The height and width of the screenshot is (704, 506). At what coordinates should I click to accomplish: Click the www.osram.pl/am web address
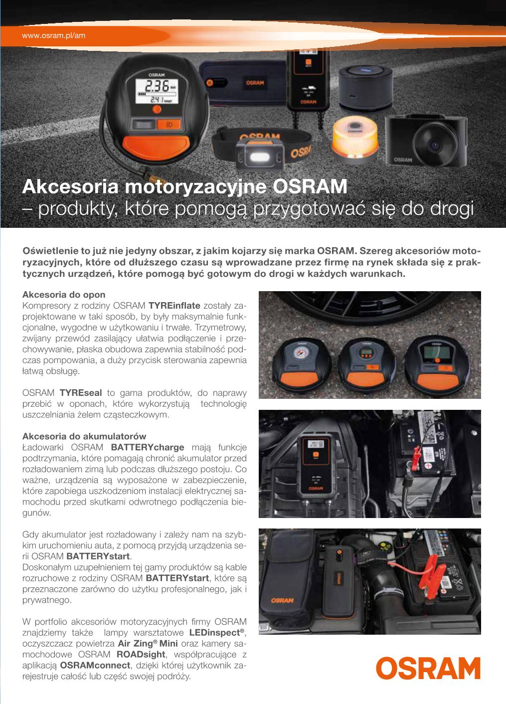coord(54,35)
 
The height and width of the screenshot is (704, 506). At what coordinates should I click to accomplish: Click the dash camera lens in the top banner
coord(434,145)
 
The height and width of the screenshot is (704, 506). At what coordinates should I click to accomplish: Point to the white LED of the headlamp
coord(260,156)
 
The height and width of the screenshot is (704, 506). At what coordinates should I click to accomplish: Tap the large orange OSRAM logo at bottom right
coord(428,669)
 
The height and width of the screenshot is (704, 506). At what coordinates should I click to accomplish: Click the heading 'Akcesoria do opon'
coord(64,295)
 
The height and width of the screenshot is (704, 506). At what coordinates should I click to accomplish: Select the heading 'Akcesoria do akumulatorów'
coord(84,436)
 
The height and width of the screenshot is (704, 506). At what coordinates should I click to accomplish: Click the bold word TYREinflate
coord(174,306)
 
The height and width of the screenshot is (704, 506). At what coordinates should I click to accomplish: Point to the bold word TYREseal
coord(81,393)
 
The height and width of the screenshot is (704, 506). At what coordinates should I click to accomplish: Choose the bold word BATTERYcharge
coord(148,447)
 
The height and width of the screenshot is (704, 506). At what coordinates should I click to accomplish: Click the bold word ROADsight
coord(141,654)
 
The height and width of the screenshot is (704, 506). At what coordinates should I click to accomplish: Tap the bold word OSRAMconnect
coord(95,665)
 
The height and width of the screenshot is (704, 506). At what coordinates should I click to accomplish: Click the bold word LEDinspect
coord(215,632)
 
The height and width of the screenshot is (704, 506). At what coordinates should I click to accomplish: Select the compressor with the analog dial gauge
coord(302,365)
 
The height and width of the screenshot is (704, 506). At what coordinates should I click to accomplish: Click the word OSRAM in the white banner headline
coord(310,186)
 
